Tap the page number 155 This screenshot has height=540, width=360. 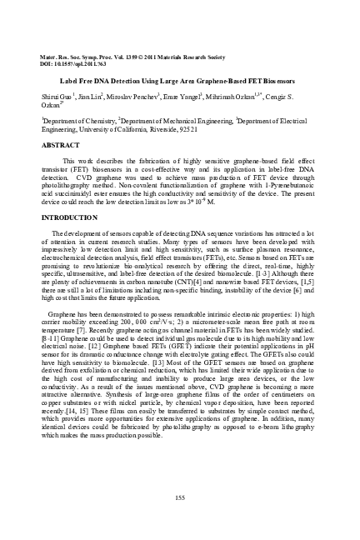[180, 497]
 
